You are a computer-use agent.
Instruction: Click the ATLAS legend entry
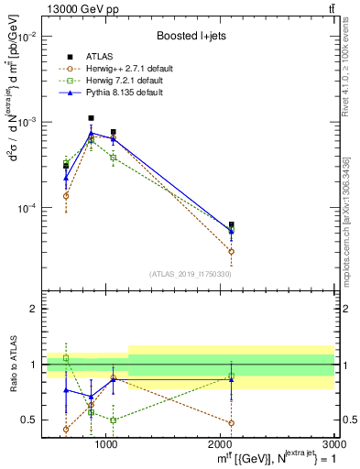point(114,57)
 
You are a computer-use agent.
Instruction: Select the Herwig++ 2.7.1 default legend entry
point(134,69)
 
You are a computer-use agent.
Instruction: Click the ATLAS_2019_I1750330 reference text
point(191,274)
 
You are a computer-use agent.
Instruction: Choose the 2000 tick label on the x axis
point(220,444)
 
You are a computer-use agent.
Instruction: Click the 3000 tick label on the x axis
point(333,444)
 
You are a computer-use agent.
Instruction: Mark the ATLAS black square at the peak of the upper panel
point(91,118)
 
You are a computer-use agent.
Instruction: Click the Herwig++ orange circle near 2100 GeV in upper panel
point(231,251)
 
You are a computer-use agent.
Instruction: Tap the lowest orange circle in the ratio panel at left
point(66,429)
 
